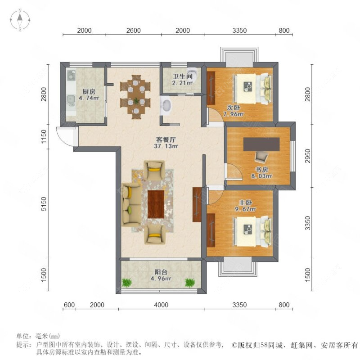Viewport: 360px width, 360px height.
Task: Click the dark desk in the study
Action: click(262, 144)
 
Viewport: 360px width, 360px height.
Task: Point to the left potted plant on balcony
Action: click(126, 282)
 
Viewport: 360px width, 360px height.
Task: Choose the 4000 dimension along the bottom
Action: click(162, 305)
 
